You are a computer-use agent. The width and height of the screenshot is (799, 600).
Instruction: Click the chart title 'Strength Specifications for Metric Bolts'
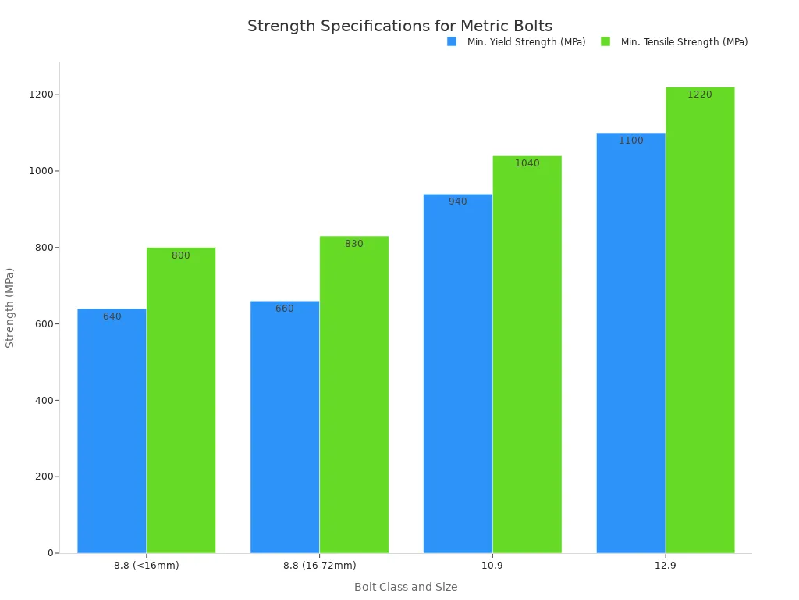pos(399,26)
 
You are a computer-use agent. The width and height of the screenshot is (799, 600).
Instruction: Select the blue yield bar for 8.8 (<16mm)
pos(112,430)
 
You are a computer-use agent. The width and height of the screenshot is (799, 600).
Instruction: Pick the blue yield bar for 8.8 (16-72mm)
pos(285,427)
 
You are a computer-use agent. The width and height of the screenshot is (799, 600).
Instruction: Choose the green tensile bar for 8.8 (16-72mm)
pos(354,395)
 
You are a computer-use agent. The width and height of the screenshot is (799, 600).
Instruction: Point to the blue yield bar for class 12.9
pos(631,343)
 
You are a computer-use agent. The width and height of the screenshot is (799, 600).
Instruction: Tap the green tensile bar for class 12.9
pos(700,320)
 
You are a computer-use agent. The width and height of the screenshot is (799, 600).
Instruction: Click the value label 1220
pos(700,95)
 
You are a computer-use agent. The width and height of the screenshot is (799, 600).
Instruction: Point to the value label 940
pos(458,202)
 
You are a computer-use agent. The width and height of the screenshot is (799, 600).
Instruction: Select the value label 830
pos(354,244)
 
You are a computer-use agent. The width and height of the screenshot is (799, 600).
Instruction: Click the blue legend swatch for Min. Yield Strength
pos(452,41)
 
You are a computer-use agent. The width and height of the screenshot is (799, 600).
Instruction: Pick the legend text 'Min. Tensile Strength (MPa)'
pos(684,42)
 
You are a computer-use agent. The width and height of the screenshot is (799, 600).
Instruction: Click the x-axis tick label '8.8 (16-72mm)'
pos(319,566)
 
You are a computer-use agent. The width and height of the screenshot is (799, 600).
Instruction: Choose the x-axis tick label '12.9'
pos(666,566)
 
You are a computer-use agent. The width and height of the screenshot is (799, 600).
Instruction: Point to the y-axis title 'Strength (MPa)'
pos(10,308)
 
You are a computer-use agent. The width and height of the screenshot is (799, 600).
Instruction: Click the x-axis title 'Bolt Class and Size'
pos(406,587)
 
